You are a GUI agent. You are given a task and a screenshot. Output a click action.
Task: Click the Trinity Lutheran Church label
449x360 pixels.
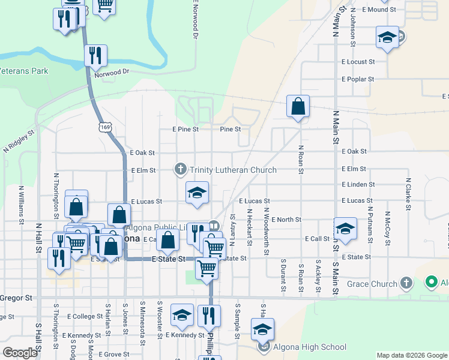tap(234, 170)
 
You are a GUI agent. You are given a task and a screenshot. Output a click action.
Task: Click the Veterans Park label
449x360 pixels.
tap(24, 71)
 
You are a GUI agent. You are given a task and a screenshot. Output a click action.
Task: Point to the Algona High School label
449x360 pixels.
tap(310, 347)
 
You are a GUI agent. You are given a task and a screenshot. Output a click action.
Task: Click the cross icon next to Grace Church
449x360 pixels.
tap(406, 283)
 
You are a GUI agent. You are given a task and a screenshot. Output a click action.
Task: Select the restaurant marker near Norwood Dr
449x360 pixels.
tap(95, 56)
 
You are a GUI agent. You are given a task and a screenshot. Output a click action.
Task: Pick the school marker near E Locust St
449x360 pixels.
tap(387, 38)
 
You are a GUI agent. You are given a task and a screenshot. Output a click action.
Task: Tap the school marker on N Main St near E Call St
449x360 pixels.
tap(345, 229)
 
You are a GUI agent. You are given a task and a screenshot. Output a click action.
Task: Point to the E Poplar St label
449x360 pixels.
tap(358, 79)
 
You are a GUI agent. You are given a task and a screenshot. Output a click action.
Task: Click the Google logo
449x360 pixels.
tap(20, 353)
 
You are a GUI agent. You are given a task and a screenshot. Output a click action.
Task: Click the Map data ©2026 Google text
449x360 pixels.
tap(411, 355)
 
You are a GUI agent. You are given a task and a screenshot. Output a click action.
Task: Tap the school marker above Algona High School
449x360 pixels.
tap(262, 329)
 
